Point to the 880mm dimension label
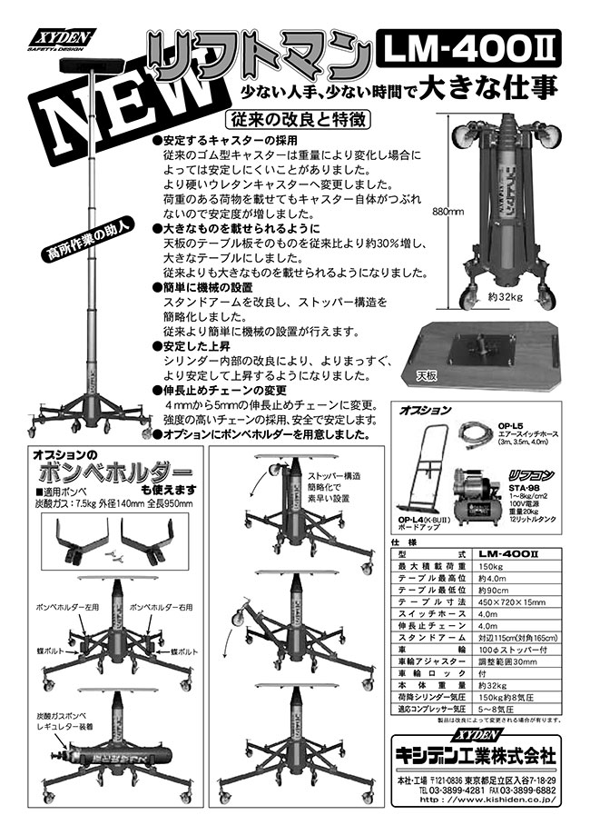pyautogui.click(x=448, y=211)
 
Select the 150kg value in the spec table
pyautogui.click(x=491, y=565)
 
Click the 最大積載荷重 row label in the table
pyautogui.click(x=426, y=565)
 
